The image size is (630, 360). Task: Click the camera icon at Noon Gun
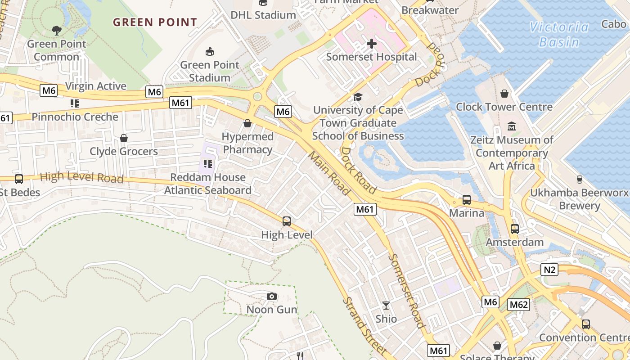tap(271, 296)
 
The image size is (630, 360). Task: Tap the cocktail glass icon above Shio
tap(386, 306)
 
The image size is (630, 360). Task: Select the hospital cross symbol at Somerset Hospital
tap(372, 44)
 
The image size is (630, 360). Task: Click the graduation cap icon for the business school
tap(358, 97)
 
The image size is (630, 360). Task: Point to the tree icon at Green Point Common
tap(57, 31)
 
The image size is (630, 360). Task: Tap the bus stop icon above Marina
tap(467, 199)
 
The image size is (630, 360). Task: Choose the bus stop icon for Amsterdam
tap(515, 229)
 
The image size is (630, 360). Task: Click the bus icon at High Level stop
tap(287, 221)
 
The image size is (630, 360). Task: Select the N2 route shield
tap(549, 270)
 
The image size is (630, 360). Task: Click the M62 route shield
tap(519, 305)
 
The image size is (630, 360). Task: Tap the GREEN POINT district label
tap(155, 22)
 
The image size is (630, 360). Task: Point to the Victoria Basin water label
tap(559, 35)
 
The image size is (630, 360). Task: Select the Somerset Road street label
tap(406, 291)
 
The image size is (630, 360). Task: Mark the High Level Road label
tap(81, 177)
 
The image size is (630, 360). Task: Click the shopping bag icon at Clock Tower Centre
tap(504, 94)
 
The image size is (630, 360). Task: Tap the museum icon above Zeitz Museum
tap(512, 126)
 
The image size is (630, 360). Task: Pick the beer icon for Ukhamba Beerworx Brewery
tap(579, 179)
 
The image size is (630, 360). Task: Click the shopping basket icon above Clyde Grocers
tap(124, 138)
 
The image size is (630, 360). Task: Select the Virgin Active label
tap(95, 86)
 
